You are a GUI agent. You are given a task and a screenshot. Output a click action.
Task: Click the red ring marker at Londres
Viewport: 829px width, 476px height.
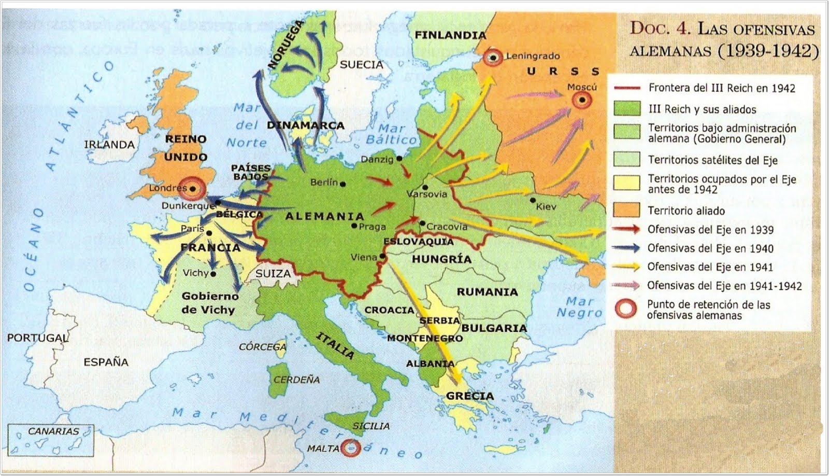(x=193, y=189)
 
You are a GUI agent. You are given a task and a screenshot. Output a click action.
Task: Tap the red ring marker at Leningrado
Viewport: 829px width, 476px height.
(x=493, y=58)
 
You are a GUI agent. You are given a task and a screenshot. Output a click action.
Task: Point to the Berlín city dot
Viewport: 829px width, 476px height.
(x=342, y=184)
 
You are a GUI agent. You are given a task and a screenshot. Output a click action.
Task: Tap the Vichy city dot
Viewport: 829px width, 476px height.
(x=213, y=273)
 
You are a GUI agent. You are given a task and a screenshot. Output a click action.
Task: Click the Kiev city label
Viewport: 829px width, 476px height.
(x=546, y=206)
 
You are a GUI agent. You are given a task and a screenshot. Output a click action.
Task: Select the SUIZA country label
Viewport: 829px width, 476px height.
(x=273, y=273)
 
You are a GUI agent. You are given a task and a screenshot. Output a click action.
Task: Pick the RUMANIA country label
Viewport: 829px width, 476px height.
(x=487, y=292)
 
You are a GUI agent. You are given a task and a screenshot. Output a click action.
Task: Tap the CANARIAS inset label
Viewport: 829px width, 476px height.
(x=53, y=431)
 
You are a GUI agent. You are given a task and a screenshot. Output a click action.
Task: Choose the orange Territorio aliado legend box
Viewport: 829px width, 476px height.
(x=626, y=209)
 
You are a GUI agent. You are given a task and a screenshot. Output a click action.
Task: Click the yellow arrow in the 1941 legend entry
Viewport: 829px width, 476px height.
(x=626, y=267)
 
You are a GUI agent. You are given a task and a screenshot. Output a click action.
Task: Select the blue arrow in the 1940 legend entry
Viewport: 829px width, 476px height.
(x=626, y=248)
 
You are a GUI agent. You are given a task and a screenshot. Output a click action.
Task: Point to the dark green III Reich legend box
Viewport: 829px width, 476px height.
(x=626, y=108)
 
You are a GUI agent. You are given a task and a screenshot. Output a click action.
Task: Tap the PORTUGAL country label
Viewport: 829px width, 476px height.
(x=37, y=338)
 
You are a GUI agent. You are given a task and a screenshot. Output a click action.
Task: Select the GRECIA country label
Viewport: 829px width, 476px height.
(x=469, y=396)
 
